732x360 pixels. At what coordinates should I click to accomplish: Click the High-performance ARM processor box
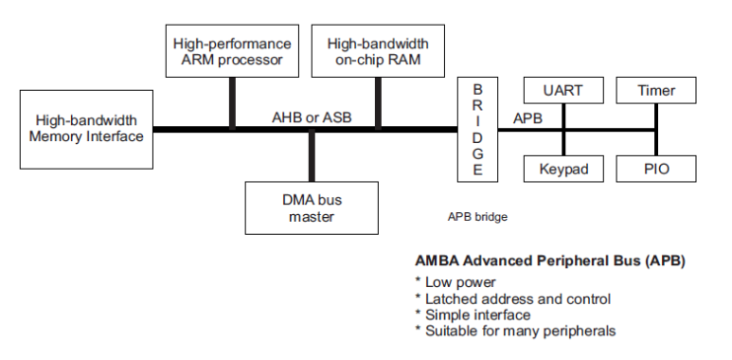coord(232,53)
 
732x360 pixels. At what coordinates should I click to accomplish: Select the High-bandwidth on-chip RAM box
coord(377,53)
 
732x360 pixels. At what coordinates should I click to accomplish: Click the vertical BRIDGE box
coord(477,129)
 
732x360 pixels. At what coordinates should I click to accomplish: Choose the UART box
coord(562,91)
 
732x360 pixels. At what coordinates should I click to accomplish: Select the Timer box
coord(656,91)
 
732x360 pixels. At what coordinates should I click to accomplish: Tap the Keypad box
coord(562,169)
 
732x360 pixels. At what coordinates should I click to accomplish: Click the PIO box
coord(656,169)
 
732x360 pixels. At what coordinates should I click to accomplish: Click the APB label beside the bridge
coord(527,118)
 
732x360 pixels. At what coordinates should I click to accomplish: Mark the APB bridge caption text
coord(477,217)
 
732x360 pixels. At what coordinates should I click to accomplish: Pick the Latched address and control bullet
coord(512,298)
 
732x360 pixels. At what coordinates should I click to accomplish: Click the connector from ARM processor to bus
coord(232,103)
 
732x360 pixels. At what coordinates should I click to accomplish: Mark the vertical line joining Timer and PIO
coord(655,130)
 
